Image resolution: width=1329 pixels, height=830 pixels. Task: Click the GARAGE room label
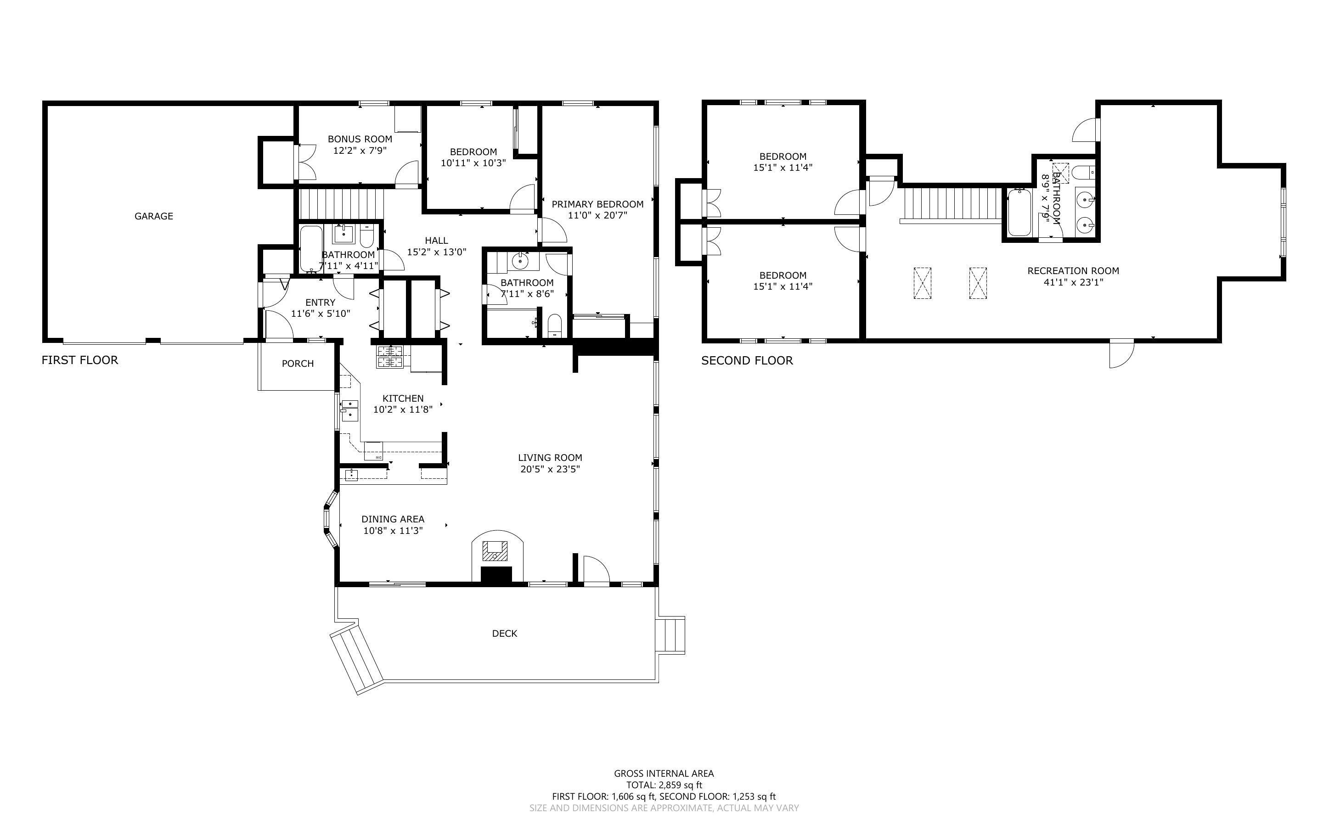pos(154,216)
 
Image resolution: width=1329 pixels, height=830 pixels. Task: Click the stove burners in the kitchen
pos(390,356)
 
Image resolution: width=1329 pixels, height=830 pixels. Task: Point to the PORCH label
pos(298,364)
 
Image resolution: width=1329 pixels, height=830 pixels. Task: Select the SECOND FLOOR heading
pos(747,361)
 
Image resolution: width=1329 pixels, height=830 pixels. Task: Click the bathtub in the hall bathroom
pos(311,249)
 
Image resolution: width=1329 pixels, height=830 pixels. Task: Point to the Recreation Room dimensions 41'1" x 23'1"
pos(1073,283)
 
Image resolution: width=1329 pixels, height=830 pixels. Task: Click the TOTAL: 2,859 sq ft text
pos(664,785)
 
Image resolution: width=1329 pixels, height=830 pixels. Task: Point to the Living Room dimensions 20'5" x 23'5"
pos(550,469)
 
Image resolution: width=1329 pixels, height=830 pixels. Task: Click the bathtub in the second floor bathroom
pos(1019,213)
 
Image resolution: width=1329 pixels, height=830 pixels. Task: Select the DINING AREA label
pos(393,519)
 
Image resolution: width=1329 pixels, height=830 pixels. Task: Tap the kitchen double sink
pos(349,410)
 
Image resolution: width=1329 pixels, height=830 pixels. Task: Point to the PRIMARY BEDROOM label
pos(597,204)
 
